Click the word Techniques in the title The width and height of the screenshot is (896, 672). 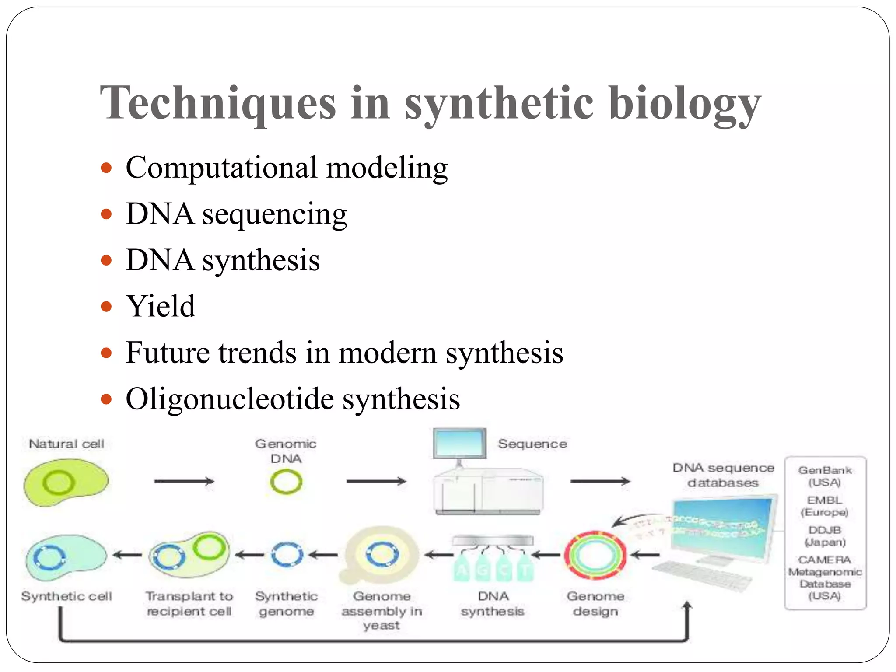(218, 103)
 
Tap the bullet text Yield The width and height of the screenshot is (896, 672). (160, 306)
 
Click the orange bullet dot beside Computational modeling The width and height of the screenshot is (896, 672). (106, 168)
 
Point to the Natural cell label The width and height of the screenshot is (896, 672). (66, 444)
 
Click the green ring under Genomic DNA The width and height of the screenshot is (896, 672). (286, 482)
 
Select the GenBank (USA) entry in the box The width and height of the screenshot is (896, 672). (825, 476)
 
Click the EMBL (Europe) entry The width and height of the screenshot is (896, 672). (824, 506)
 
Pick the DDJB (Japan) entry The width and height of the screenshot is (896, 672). (825, 535)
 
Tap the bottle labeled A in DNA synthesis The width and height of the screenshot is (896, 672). (462, 568)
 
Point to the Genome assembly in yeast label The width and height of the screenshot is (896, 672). (381, 610)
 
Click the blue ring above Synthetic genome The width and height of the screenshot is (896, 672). (287, 555)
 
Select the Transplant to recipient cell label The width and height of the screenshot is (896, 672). (189, 603)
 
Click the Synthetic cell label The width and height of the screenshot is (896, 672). (66, 596)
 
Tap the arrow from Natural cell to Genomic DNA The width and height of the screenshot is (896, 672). (184, 481)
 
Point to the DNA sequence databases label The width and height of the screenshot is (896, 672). (723, 475)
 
